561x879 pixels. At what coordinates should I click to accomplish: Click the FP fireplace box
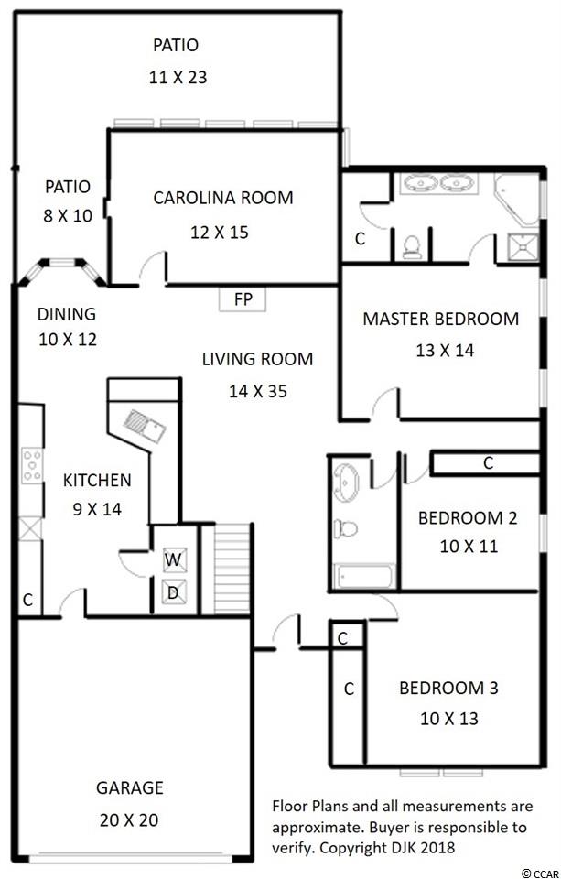click(x=243, y=298)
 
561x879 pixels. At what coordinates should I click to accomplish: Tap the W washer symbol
click(x=174, y=559)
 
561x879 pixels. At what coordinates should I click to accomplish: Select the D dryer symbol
click(x=174, y=592)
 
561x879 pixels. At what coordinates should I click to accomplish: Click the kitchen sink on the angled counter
click(x=144, y=426)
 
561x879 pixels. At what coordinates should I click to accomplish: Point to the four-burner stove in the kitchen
click(x=32, y=465)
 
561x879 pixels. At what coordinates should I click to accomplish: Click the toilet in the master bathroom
click(x=412, y=246)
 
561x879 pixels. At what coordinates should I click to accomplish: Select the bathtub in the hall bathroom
click(x=364, y=576)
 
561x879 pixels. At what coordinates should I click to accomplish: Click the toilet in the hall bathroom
click(x=346, y=528)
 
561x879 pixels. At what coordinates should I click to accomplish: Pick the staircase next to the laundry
click(x=232, y=568)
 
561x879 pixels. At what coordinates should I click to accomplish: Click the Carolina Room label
click(x=223, y=198)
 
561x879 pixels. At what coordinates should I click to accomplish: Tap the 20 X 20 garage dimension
click(x=129, y=819)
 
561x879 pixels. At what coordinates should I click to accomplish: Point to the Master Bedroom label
click(x=440, y=319)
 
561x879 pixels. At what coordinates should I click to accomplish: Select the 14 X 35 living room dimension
click(x=258, y=391)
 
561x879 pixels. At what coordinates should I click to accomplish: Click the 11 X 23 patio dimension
click(x=178, y=77)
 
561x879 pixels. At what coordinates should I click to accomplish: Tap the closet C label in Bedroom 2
click(x=488, y=463)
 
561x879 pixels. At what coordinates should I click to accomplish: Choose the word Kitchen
click(x=97, y=480)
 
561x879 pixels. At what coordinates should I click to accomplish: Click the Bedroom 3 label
click(x=448, y=688)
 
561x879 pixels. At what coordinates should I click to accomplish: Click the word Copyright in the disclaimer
click(x=345, y=847)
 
